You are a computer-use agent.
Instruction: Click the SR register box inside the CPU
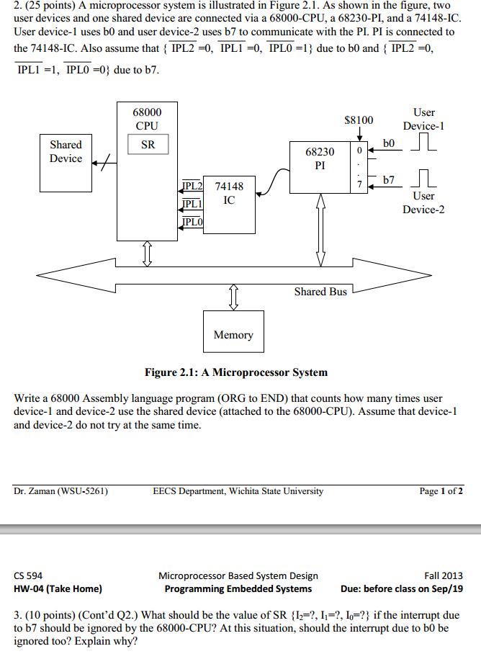(148, 144)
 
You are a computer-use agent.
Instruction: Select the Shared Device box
(66, 163)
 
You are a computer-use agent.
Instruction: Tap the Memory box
(233, 331)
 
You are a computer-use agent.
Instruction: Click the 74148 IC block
(229, 205)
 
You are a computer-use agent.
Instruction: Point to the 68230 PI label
(320, 158)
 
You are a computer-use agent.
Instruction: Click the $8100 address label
(359, 120)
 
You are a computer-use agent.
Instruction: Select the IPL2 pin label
(192, 186)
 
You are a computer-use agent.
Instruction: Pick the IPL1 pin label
(192, 204)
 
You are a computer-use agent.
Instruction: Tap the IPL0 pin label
(192, 222)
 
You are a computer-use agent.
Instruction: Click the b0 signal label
(389, 143)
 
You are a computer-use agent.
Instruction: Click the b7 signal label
(389, 180)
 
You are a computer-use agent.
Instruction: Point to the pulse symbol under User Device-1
(423, 141)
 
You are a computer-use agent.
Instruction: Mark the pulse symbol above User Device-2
(423, 178)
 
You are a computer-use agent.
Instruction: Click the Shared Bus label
(320, 292)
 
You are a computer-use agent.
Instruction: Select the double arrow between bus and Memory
(234, 297)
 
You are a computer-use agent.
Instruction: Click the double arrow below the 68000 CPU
(147, 254)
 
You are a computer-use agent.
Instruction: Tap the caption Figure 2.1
(236, 372)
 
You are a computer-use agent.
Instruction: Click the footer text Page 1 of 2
(441, 491)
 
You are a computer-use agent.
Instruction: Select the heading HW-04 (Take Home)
(58, 589)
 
